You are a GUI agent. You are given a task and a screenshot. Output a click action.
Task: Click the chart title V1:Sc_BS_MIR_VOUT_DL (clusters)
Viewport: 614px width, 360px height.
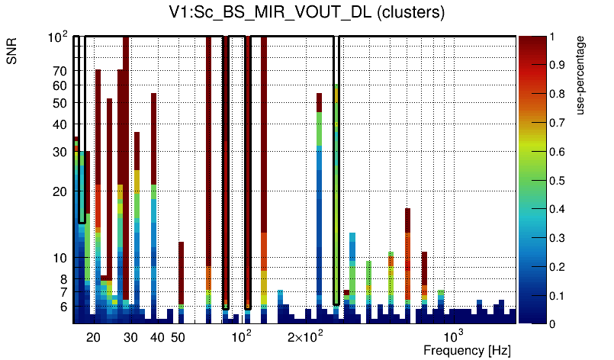[307, 13]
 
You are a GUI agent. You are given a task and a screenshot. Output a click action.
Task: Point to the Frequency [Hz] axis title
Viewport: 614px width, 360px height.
[467, 350]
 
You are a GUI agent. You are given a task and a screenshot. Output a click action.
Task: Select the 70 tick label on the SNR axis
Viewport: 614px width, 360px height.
[59, 71]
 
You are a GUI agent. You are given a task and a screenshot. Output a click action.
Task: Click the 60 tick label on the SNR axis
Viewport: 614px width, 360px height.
[59, 85]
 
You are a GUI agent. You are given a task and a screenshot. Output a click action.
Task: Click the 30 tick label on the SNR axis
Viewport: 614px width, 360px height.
[59, 153]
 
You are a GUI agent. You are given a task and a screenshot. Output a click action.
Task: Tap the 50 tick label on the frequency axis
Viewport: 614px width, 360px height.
[177, 337]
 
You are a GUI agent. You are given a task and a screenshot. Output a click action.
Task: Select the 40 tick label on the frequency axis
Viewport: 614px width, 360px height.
[156, 337]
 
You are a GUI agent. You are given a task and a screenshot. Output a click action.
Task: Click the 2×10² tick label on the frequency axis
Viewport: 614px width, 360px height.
[305, 336]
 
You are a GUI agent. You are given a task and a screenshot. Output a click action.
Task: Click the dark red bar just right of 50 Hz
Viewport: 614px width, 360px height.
[181, 275]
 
